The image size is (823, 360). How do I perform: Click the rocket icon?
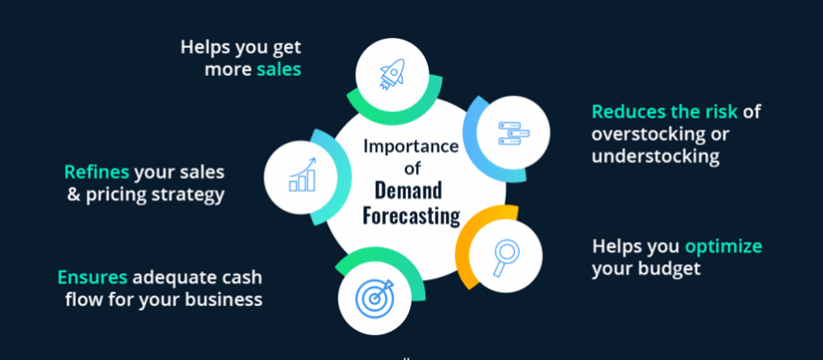click(392, 74)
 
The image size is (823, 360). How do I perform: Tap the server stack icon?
click(514, 134)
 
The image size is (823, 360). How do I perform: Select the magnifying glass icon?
click(505, 256)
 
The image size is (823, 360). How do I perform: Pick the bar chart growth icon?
click(303, 175)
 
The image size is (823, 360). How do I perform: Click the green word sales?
click(278, 70)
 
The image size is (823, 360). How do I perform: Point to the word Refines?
click(97, 172)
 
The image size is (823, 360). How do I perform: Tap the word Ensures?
click(93, 277)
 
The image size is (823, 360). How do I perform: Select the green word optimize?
click(723, 246)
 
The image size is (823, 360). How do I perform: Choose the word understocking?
click(655, 157)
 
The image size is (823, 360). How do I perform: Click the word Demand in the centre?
click(408, 191)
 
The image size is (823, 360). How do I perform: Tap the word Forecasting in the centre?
click(411, 215)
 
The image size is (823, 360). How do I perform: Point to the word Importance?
click(411, 146)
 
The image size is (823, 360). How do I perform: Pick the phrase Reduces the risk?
click(664, 112)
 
